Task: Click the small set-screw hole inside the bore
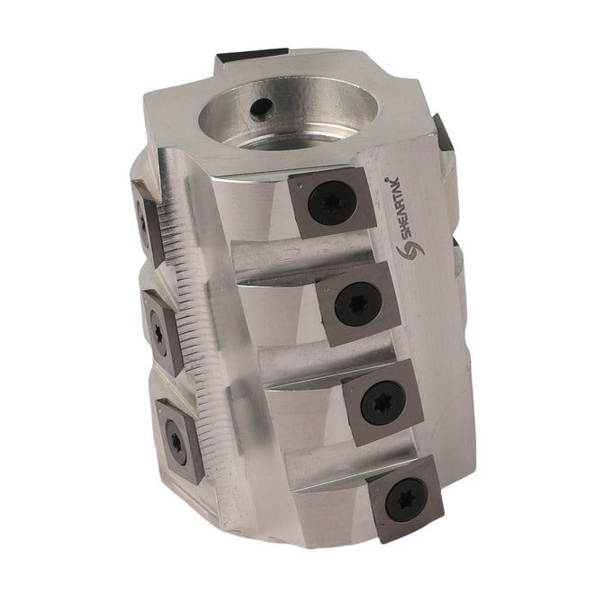click(x=261, y=110)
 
